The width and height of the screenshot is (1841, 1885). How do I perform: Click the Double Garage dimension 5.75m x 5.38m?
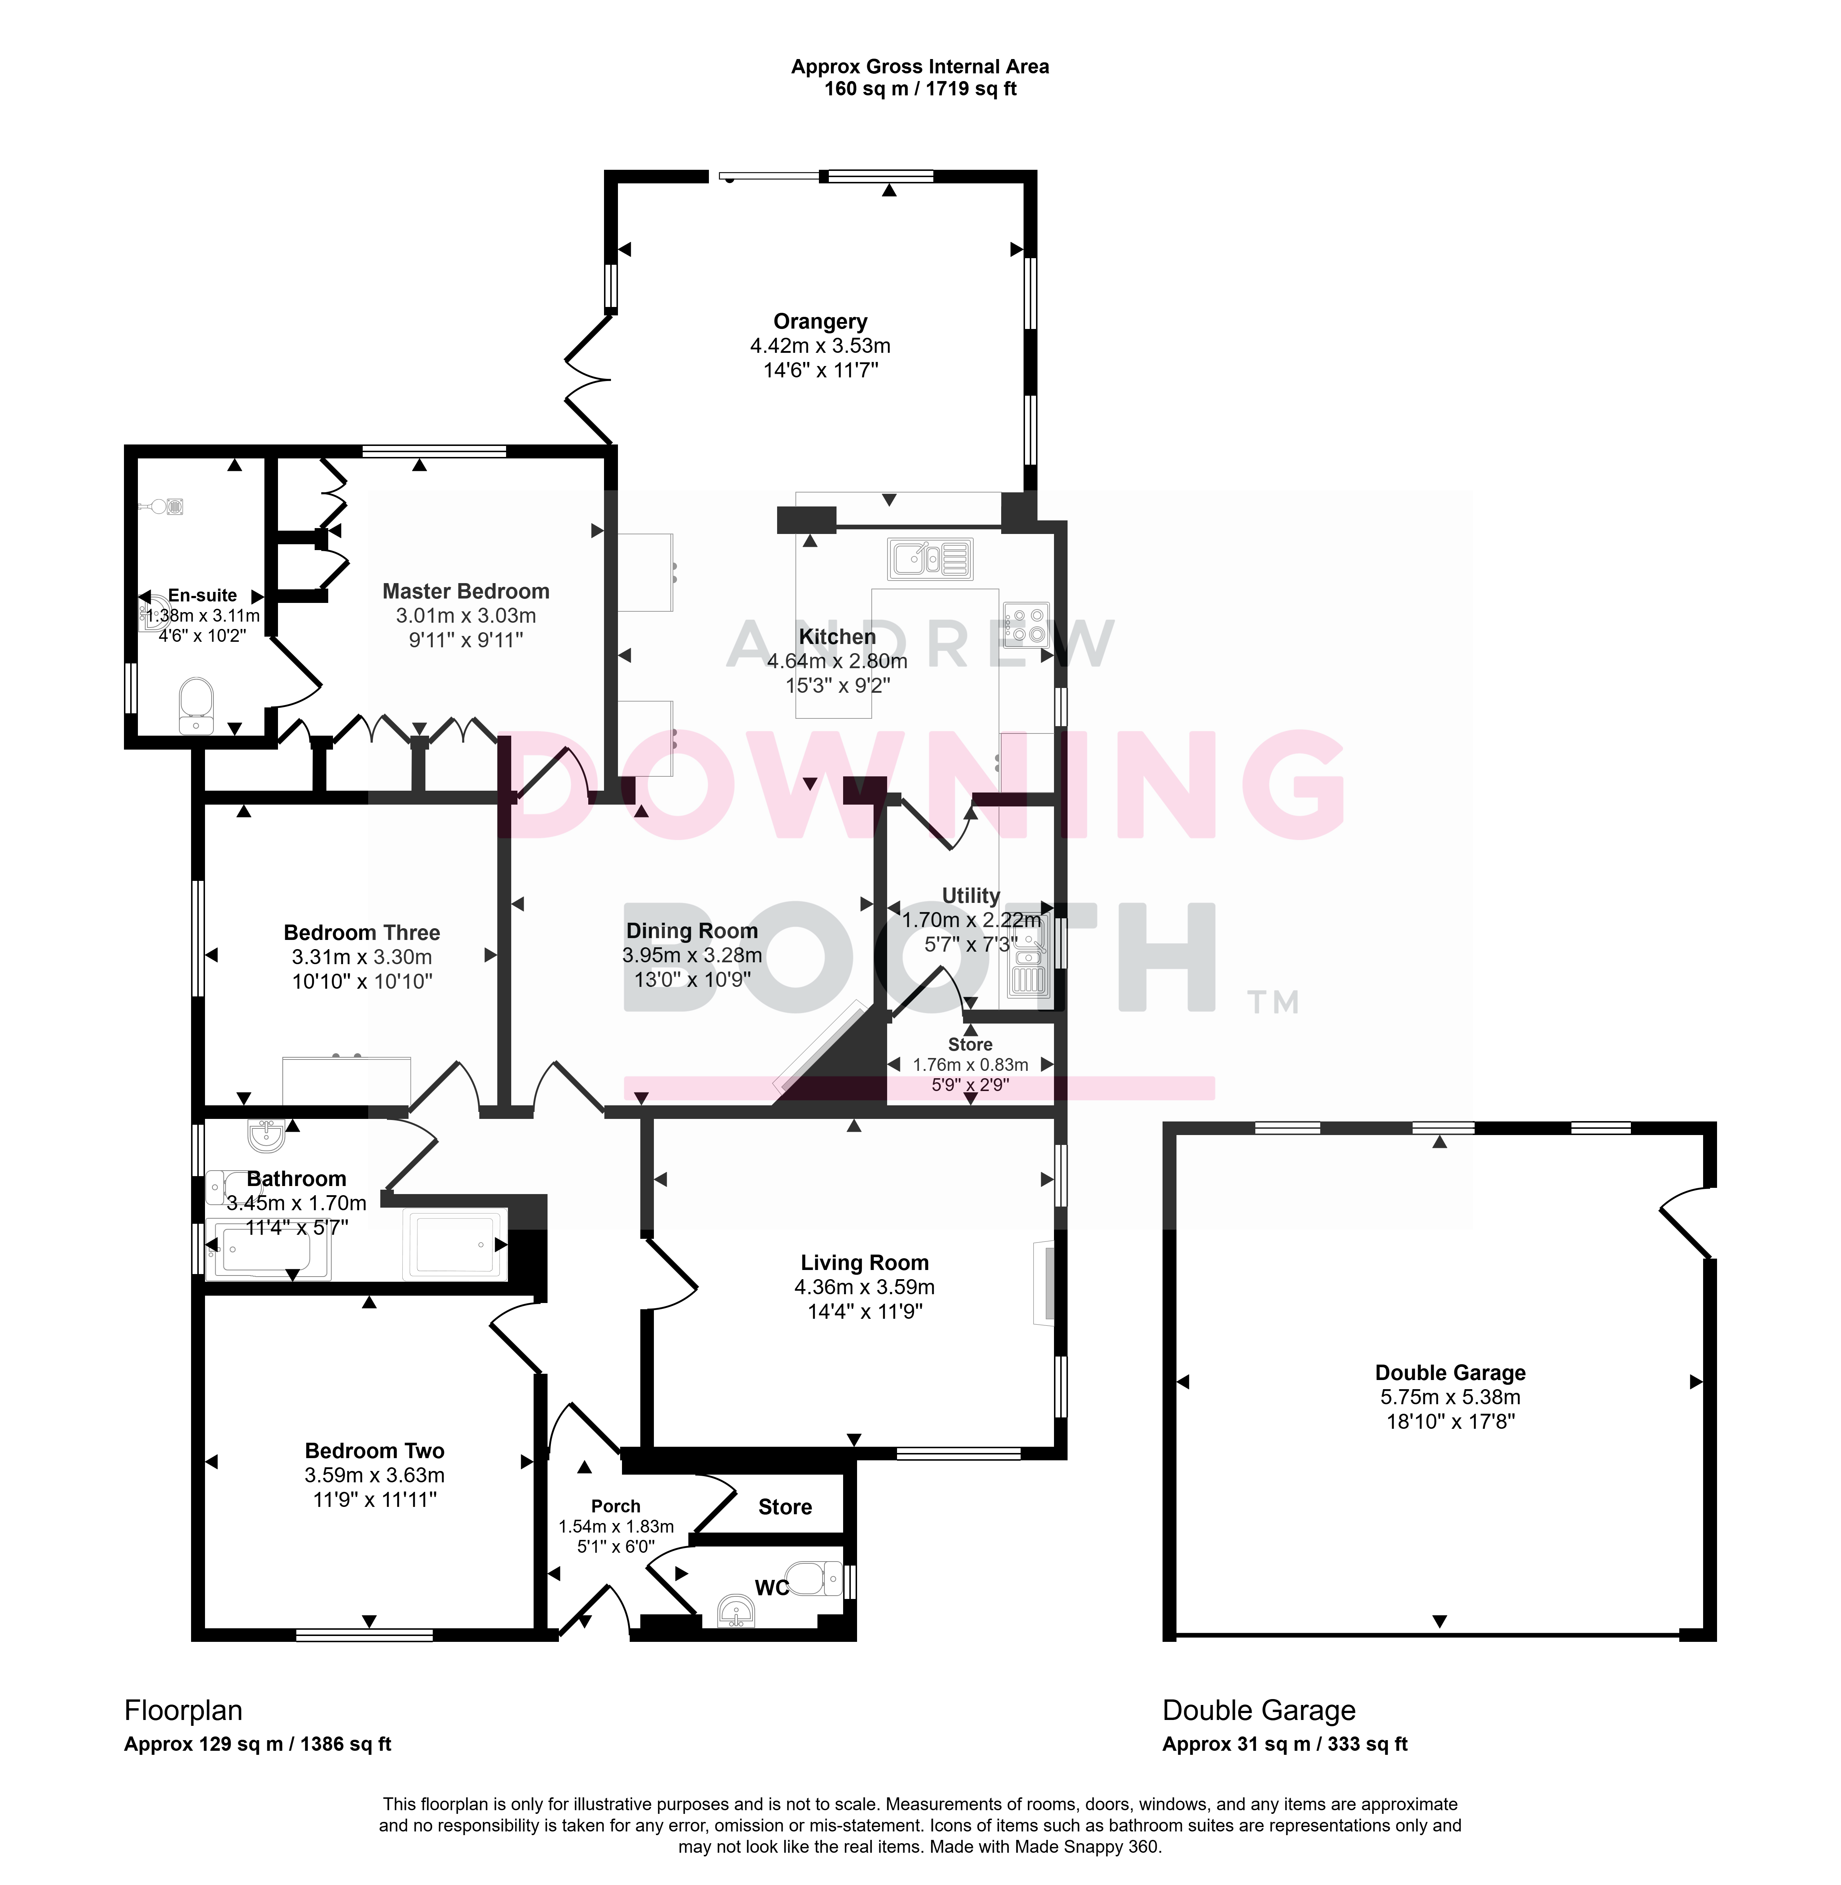pyautogui.click(x=1450, y=1397)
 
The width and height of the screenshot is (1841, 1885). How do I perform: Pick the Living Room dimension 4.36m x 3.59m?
pyautogui.click(x=864, y=1286)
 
